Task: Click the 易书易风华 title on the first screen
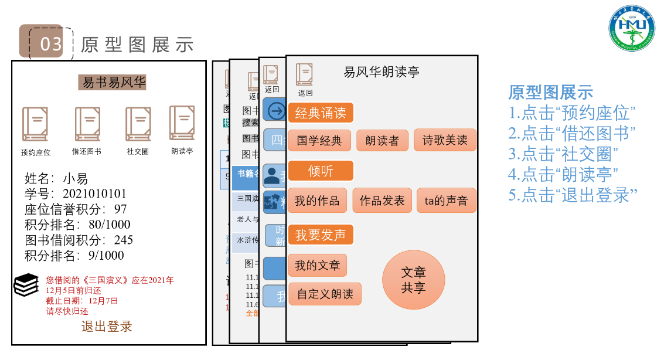[x=113, y=83]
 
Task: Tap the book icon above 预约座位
[x=35, y=124]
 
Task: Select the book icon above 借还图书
[x=87, y=124]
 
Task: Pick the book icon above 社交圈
[x=138, y=124]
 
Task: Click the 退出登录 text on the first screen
[x=107, y=327]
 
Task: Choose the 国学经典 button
[x=319, y=141]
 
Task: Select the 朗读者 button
[x=382, y=141]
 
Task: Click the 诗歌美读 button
[x=445, y=140]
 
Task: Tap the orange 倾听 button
[x=320, y=171]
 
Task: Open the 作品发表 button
[x=382, y=201]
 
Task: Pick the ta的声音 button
[x=446, y=201]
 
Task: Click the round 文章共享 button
[x=413, y=280]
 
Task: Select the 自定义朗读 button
[x=325, y=294]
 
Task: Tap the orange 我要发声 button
[x=320, y=235]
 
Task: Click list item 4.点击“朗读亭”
[x=564, y=174]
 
